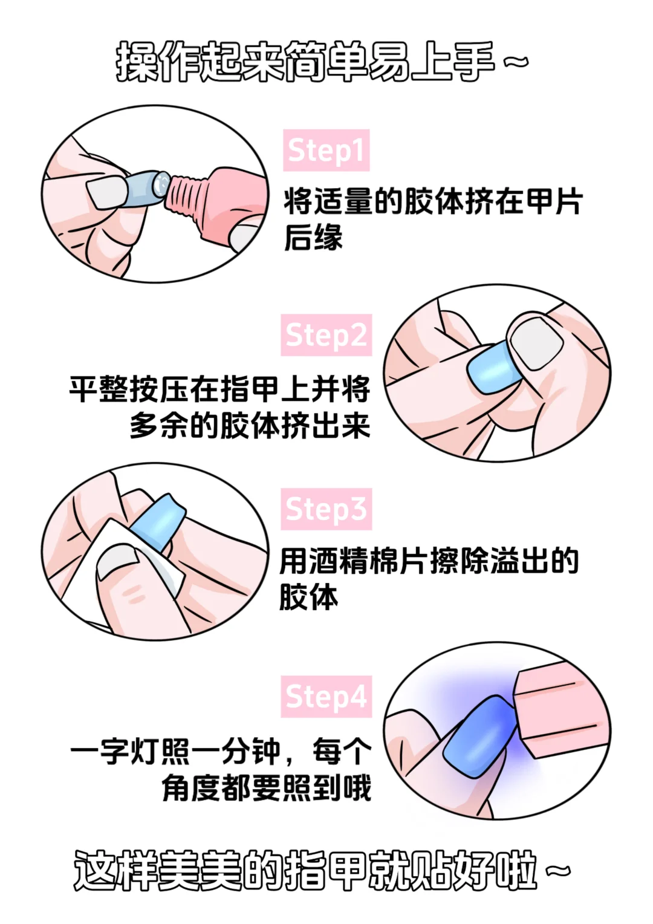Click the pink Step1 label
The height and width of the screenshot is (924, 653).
coord(326,151)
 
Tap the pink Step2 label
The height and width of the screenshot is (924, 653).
coord(326,335)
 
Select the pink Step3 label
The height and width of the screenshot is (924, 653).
coord(326,509)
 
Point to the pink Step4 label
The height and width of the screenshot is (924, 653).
coord(326,697)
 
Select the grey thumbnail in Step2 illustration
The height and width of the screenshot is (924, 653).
coord(536,342)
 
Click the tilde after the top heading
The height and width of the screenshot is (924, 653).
coord(516,62)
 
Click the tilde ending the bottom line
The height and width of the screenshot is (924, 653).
coord(557,871)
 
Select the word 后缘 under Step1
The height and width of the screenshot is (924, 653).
coord(313,237)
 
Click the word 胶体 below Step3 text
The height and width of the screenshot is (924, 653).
coord(308,597)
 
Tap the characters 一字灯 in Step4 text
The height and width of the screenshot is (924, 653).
coord(115,752)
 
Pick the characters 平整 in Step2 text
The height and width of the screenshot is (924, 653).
coord(99,389)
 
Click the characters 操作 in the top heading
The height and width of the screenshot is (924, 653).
coord(158,62)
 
